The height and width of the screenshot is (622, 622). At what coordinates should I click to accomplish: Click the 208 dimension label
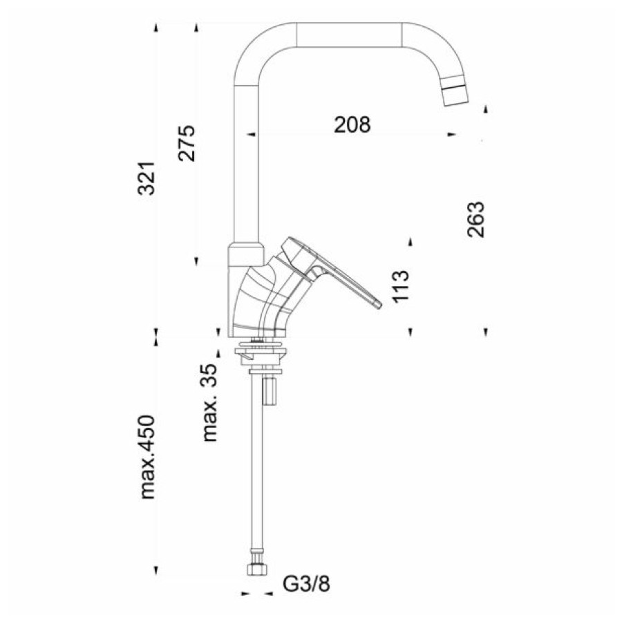(352, 124)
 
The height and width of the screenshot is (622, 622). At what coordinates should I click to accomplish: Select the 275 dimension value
(187, 143)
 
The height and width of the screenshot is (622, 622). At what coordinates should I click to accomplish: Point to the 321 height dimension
(146, 178)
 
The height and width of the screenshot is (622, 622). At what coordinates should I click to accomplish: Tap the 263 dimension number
(475, 219)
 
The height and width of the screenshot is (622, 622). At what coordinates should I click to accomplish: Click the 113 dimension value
(401, 286)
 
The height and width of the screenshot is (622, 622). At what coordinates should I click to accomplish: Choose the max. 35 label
(210, 403)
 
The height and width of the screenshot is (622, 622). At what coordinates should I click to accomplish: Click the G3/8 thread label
(306, 583)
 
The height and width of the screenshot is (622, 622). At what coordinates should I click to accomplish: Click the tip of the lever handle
(378, 304)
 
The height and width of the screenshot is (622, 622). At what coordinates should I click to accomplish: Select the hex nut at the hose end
(257, 569)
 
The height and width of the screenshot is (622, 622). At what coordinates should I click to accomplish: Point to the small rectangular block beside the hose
(270, 391)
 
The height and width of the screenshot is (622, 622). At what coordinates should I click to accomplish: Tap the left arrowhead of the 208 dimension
(251, 135)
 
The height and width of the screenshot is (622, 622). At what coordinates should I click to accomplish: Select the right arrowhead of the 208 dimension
(451, 135)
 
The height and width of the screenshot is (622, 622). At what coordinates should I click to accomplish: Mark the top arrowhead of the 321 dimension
(156, 28)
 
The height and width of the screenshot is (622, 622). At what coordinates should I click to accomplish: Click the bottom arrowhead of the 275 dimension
(196, 261)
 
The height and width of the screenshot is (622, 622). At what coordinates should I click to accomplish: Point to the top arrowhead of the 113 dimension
(411, 242)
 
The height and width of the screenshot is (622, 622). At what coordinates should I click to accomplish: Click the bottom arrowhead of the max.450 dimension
(156, 571)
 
